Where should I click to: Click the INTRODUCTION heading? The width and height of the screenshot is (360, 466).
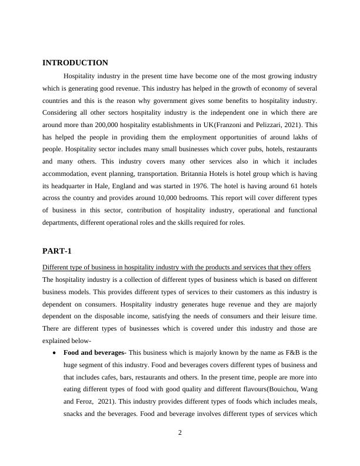coord(75,63)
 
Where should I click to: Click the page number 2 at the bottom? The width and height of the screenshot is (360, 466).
coord(180,434)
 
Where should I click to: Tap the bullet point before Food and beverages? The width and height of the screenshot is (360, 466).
coord(54,353)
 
